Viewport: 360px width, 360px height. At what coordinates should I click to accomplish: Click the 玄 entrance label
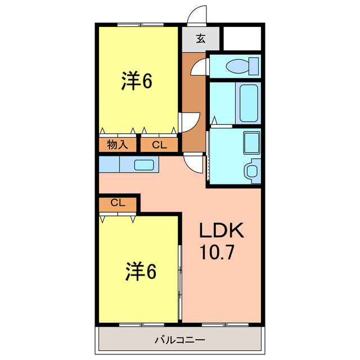[200, 39]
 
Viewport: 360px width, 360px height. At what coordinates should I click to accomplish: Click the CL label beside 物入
[159, 145]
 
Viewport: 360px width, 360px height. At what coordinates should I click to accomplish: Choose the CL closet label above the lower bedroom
[118, 203]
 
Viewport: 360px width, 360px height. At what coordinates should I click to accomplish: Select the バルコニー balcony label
[180, 340]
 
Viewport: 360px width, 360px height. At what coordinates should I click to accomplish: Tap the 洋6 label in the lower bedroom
[140, 273]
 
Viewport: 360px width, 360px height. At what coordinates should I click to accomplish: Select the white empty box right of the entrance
[243, 38]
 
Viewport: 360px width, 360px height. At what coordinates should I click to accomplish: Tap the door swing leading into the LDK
[193, 163]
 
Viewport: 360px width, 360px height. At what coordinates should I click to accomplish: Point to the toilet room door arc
[199, 67]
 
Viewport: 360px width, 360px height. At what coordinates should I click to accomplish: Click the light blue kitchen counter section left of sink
[109, 164]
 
